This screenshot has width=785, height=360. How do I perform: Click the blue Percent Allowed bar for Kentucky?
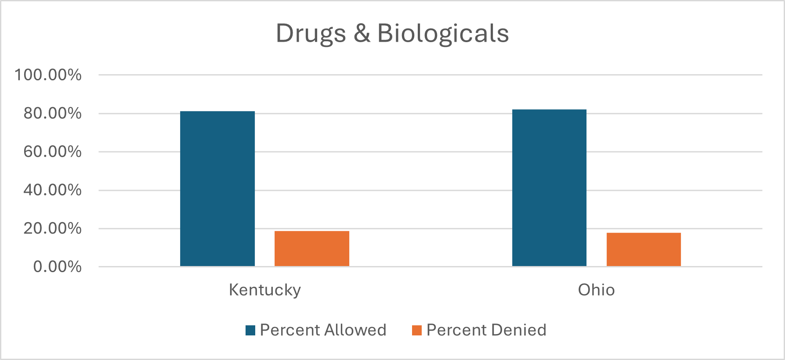tap(217, 189)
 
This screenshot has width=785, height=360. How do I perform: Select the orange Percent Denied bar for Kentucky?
tap(312, 248)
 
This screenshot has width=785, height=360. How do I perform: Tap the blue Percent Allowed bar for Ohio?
tap(549, 188)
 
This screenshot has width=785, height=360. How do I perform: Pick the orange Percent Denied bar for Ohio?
tap(644, 249)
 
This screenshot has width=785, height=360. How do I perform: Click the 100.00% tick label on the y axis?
tap(48, 75)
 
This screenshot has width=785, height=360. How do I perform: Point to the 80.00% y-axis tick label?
tap(52, 113)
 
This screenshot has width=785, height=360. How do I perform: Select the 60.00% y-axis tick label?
tap(52, 151)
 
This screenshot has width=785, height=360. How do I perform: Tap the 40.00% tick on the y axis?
tap(52, 190)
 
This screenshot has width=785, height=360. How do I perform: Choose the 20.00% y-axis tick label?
tap(52, 228)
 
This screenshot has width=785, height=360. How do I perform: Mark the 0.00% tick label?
tap(57, 266)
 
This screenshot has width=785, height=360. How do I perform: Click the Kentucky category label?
tap(265, 290)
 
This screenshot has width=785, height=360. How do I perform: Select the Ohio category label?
tap(596, 290)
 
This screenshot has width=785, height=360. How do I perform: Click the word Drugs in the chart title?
tap(311, 34)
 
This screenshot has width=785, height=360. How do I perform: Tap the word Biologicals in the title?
tap(443, 34)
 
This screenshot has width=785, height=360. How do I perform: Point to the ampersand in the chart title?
tap(362, 34)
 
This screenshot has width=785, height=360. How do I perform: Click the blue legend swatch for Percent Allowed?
tap(250, 330)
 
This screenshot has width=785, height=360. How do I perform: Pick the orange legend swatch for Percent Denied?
tap(416, 330)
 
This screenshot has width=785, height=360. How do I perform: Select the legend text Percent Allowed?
tap(323, 330)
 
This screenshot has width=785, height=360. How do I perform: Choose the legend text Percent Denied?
tap(486, 330)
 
